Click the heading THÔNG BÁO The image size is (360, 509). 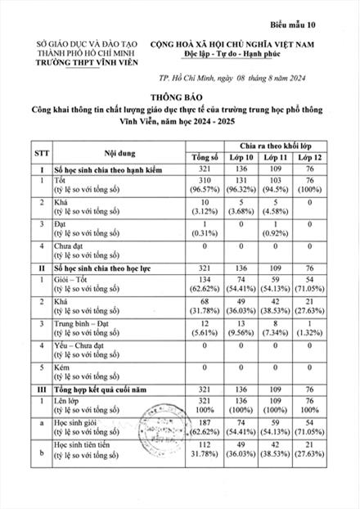coord(180,96)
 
